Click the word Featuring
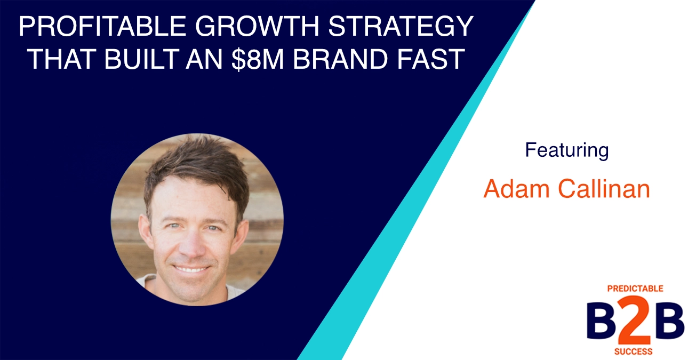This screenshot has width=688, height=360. click(566, 150)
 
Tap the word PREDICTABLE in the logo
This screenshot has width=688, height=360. click(635, 289)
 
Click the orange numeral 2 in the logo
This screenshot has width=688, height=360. click(635, 322)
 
